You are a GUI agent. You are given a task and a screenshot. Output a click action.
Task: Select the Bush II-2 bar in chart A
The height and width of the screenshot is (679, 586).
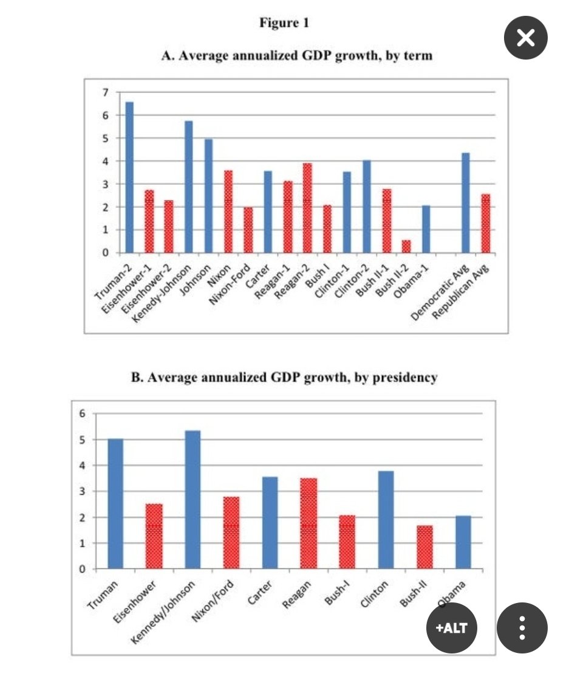[406, 247]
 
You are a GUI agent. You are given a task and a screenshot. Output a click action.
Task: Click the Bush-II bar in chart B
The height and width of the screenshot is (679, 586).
[424, 547]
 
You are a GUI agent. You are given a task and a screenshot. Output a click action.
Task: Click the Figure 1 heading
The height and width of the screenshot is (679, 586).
[284, 23]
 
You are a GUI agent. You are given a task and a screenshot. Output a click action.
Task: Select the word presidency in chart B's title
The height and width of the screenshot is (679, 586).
[406, 377]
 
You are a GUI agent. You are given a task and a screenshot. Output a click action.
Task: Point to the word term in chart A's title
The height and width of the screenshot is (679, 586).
[420, 56]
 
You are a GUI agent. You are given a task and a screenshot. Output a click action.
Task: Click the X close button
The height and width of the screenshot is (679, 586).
[526, 38]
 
